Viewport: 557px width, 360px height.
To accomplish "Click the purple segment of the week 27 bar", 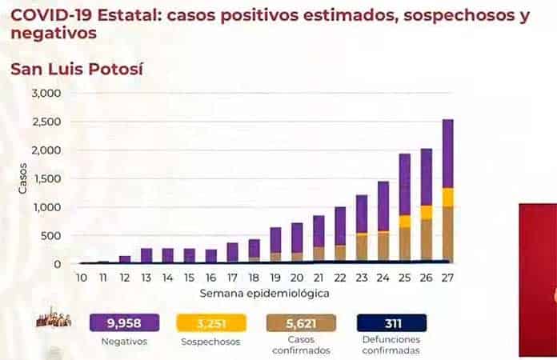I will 447,154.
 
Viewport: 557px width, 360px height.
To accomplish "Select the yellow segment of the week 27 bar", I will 447,198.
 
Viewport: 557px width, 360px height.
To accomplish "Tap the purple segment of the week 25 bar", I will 405,184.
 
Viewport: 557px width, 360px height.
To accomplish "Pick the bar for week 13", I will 146,255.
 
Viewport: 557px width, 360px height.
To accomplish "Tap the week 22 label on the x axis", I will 340,278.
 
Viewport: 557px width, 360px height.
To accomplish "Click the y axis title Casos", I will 22,178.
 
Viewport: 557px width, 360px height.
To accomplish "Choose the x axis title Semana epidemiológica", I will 265,293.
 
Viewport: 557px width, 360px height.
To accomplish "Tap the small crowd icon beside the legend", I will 54,321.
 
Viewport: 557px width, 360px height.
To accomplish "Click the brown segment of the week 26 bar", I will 427,240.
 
